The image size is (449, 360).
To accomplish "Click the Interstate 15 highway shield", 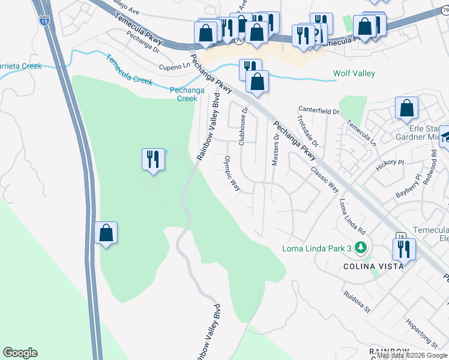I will tap(44, 21).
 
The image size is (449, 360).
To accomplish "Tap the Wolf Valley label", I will tap(354, 73).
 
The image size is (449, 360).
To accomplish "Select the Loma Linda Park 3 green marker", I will tap(360, 247).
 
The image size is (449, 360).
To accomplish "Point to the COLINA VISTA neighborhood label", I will tap(368, 266).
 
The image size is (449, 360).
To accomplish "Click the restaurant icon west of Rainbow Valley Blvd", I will tap(153, 159).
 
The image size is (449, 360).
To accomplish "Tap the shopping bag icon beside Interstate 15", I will tap(106, 233).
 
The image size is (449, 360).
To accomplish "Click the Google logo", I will tap(20, 353).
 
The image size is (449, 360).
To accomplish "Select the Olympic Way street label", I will tap(232, 174).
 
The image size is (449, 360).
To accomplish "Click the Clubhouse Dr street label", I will tap(244, 126).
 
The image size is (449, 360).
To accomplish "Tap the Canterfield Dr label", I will tap(319, 110).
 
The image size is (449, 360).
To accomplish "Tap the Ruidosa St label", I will tap(358, 298).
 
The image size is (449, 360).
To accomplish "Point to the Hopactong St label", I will tap(422, 333).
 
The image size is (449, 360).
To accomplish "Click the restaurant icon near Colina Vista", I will tap(403, 248).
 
